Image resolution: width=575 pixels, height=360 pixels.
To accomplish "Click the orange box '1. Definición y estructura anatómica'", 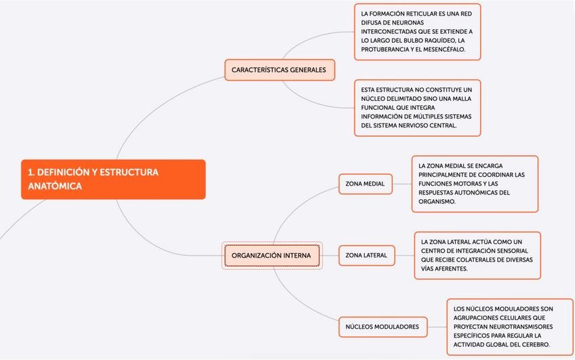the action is point(113,179).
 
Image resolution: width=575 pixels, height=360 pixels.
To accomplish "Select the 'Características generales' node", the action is point(279,70).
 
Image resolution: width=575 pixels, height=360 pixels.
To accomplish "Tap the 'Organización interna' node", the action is point(271,256).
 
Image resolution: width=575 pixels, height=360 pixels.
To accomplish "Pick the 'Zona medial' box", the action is point(365,184).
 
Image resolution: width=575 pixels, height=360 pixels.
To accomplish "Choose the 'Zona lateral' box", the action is point(366,256).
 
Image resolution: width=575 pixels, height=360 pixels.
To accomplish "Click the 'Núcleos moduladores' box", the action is point(382,327).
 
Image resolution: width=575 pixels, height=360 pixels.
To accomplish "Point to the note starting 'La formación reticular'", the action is point(417,32).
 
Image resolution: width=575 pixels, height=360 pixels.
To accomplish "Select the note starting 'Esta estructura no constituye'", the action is point(417,108).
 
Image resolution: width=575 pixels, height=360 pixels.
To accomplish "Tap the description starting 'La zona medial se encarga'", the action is point(474,184).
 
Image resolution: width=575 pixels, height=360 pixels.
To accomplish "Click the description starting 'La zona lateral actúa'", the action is point(477,255).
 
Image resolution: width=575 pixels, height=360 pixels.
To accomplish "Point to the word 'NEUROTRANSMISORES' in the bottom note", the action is point(515,327).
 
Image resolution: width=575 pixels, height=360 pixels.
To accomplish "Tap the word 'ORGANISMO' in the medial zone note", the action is point(437,202).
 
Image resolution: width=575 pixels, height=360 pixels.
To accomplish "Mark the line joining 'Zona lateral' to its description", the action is point(404,256).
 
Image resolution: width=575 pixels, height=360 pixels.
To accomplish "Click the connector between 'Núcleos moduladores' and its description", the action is point(437,327).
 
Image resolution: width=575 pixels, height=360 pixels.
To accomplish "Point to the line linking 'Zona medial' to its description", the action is point(402,184).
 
